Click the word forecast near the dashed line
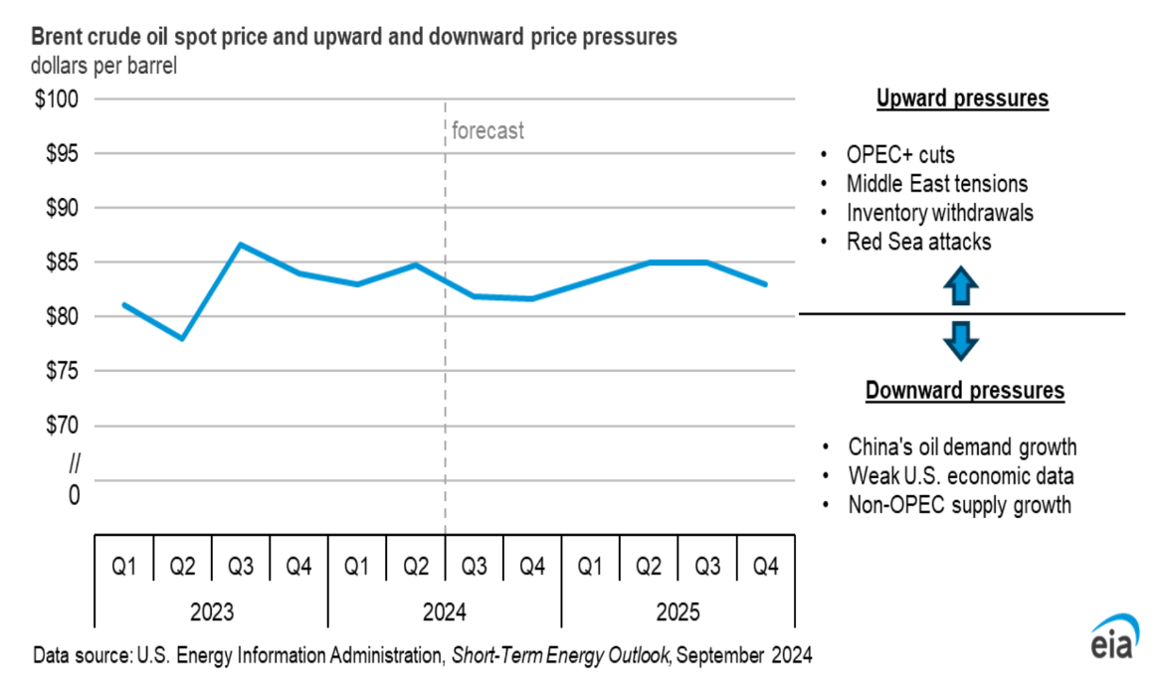(487, 131)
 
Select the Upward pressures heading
(962, 99)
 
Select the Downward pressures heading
(964, 391)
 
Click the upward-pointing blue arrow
(962, 287)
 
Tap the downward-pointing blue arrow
(962, 341)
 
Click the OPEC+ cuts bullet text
(900, 155)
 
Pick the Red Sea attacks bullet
(918, 242)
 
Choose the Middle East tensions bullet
(936, 184)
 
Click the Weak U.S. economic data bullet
(960, 475)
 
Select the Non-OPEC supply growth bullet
(959, 505)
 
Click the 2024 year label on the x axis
(445, 612)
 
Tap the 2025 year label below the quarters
(678, 612)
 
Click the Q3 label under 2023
(241, 566)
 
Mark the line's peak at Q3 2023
(241, 244)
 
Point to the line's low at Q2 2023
(182, 339)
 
